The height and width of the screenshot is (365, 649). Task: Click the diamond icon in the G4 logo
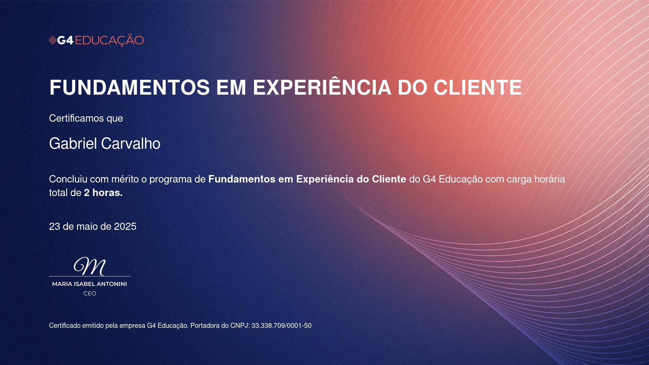52,41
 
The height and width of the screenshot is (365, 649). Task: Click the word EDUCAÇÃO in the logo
109,40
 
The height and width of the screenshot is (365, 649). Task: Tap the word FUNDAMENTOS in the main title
129,88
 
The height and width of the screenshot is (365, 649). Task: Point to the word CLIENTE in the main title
478,88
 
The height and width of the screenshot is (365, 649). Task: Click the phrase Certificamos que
86,118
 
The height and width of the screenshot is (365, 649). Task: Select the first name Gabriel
73,144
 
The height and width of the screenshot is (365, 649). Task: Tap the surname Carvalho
131,144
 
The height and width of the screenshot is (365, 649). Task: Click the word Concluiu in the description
68,179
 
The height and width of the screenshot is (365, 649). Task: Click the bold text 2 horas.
103,193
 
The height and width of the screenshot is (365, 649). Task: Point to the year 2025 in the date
125,226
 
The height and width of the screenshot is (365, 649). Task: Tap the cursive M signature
90,266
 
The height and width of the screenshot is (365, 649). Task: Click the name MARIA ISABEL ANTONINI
90,284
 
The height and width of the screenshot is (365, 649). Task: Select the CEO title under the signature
90,294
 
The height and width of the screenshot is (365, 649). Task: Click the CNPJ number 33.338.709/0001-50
282,326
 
